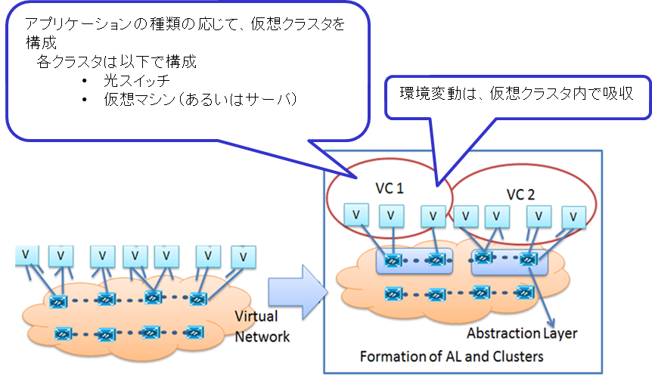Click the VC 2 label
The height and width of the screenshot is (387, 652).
coord(520,194)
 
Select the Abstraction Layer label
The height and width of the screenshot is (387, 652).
coord(522,333)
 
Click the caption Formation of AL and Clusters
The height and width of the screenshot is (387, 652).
coord(452,356)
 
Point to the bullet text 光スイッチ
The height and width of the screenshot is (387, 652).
coord(137,81)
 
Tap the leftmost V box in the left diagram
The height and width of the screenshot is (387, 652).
coord(26,255)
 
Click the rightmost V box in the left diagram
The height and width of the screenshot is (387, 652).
coord(243,257)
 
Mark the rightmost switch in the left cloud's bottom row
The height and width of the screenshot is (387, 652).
coord(195,332)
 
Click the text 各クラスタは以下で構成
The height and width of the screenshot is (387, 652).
coord(116,62)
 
